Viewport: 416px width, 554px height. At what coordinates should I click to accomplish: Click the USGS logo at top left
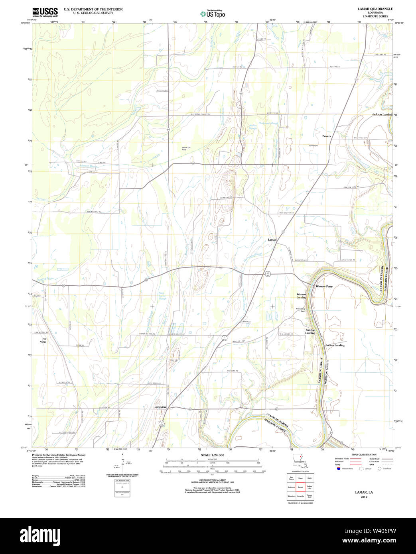(45, 12)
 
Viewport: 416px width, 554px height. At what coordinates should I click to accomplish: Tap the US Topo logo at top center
(213, 14)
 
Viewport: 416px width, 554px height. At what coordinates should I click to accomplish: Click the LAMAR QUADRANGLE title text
(375, 9)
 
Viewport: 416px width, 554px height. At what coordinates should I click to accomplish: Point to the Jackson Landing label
(382, 114)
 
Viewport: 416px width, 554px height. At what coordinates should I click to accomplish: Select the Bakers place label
(326, 136)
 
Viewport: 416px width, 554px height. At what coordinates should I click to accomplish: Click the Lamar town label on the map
(272, 240)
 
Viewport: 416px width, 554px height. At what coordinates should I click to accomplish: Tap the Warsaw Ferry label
(324, 286)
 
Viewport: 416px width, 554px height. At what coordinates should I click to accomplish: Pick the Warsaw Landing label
(301, 296)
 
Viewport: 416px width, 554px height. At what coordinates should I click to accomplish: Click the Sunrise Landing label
(310, 331)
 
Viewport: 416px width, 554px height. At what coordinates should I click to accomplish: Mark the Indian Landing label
(335, 345)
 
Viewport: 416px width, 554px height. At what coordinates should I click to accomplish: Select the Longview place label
(160, 407)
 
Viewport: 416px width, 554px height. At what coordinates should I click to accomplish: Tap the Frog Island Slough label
(162, 295)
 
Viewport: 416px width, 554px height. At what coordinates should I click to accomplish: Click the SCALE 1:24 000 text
(212, 455)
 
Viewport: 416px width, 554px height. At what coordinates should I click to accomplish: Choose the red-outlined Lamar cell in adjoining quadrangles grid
(300, 487)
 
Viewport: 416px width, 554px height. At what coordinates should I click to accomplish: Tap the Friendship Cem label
(300, 310)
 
